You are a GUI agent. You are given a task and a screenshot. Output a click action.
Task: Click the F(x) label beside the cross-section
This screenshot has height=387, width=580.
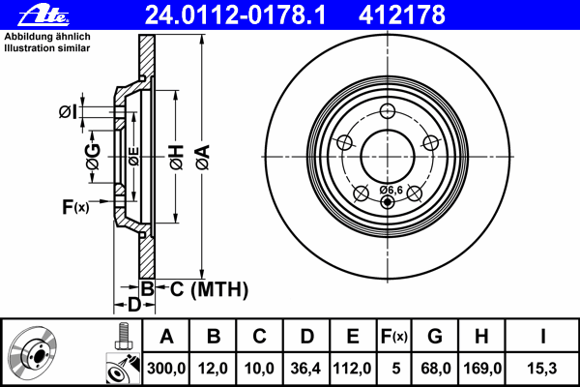(x=75, y=206)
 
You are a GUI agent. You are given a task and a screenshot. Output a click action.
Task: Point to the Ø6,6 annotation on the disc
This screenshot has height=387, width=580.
(x=391, y=190)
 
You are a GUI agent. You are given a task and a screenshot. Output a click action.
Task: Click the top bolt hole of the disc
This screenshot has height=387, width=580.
(x=388, y=109)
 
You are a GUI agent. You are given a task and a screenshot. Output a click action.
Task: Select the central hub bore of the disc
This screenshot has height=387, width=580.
(x=388, y=154)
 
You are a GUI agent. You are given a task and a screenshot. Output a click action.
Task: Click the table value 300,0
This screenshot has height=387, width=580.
(x=166, y=369)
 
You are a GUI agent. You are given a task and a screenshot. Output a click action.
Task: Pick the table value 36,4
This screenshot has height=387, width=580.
(x=306, y=369)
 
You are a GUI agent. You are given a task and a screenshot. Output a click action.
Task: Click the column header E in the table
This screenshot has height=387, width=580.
(x=353, y=338)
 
